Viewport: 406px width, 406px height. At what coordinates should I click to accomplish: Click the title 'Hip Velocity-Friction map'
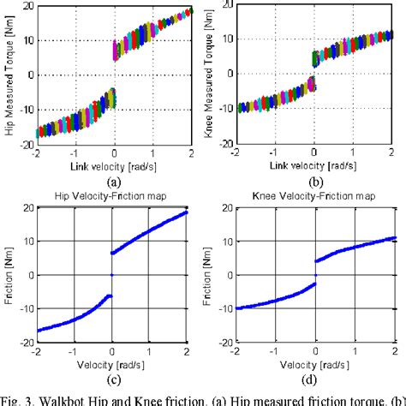[110, 196]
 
